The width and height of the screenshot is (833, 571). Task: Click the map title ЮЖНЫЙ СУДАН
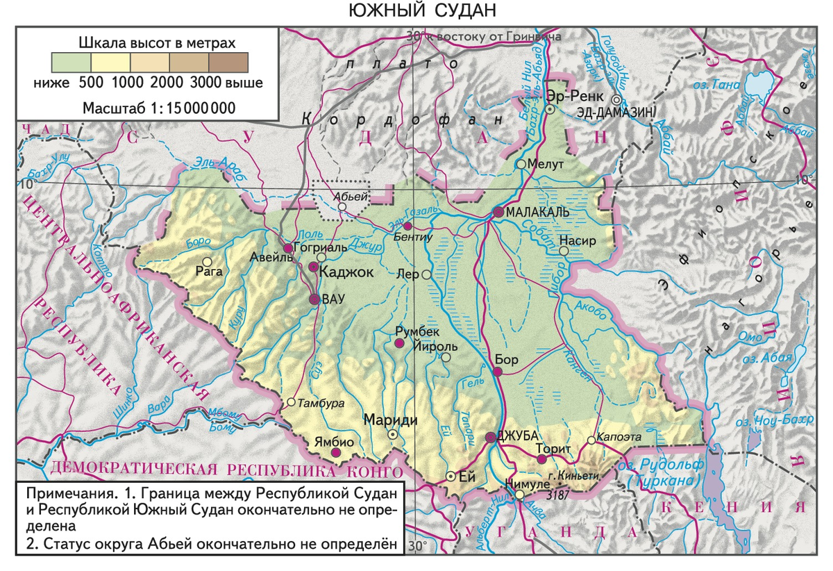tap(416, 11)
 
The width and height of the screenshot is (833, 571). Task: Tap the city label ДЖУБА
tap(519, 436)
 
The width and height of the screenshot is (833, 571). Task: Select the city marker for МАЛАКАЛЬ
tap(498, 212)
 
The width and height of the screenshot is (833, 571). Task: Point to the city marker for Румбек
tap(399, 343)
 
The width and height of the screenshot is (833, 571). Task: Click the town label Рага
tap(209, 272)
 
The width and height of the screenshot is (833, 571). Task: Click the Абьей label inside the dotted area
tap(347, 197)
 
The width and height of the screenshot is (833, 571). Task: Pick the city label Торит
tap(554, 448)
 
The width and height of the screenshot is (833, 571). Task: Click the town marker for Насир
tap(564, 250)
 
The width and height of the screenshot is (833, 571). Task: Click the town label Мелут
tap(544, 164)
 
